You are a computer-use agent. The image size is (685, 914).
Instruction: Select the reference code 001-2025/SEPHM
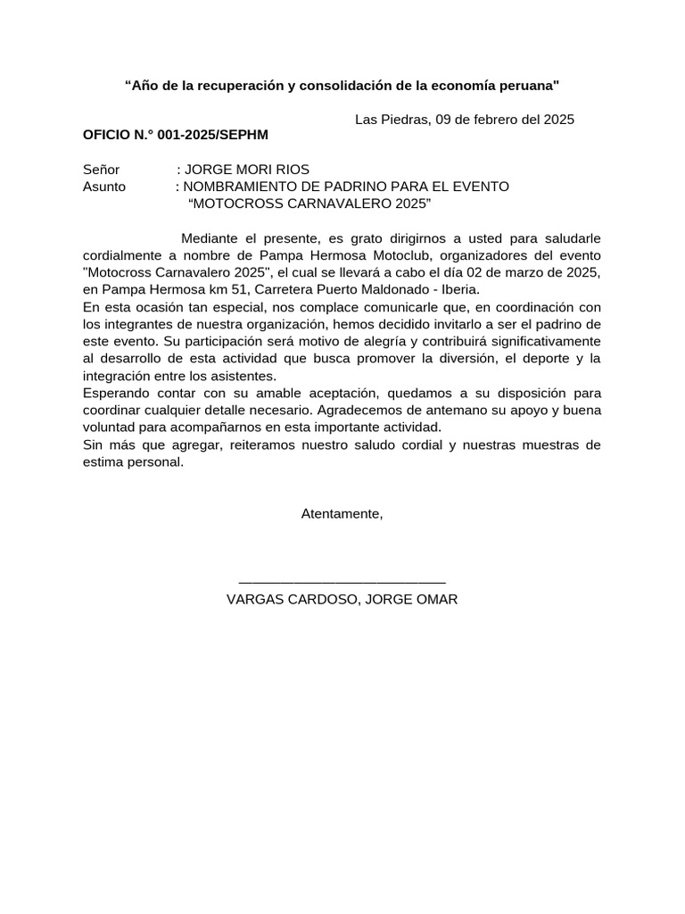coord(212,135)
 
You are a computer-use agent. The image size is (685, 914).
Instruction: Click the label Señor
coord(101,170)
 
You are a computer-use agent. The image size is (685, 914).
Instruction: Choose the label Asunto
coord(104,187)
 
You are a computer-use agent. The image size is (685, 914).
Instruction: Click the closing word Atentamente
coord(342,514)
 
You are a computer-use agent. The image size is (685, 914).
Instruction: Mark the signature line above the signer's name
coord(342,582)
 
